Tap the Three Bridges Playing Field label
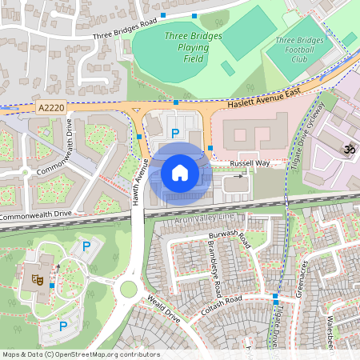[187, 47]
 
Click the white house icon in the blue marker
[180, 172]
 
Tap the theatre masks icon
[36, 279]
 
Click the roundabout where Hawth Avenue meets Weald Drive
[128, 288]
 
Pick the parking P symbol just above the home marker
[175, 134]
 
